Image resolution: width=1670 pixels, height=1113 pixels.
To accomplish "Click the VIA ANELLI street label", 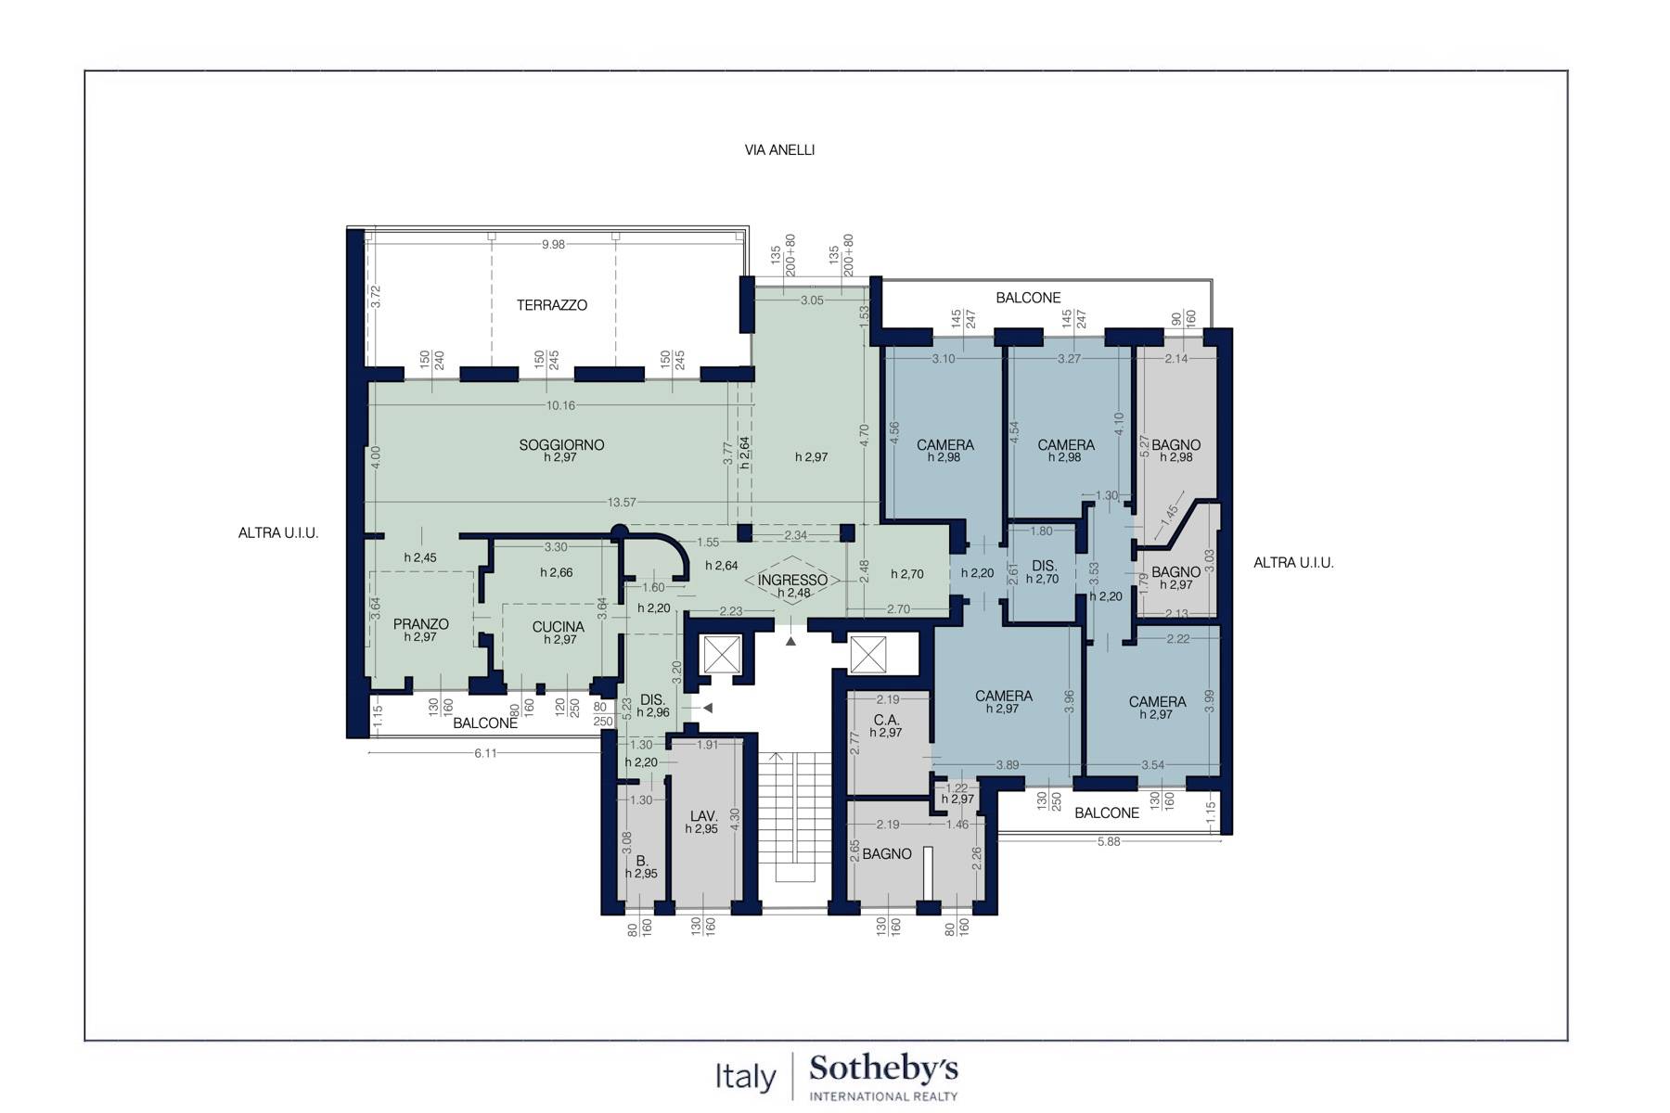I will (779, 149).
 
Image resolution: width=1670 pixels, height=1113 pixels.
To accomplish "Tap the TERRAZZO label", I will (552, 305).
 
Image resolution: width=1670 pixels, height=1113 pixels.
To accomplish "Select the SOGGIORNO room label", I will (561, 445).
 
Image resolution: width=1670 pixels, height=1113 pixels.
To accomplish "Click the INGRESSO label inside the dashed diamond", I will (792, 581).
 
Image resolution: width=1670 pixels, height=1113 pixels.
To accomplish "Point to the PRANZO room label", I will (421, 624).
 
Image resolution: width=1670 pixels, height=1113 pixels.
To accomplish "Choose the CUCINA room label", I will (559, 627).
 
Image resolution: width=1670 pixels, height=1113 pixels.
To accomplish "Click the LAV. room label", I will (701, 816).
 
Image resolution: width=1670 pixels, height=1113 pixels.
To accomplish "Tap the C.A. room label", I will (886, 720).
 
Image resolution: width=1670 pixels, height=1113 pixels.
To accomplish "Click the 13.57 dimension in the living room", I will (622, 503).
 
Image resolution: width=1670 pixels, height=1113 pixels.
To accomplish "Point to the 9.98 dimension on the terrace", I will (554, 245).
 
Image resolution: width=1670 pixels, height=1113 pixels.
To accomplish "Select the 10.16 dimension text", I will (560, 405).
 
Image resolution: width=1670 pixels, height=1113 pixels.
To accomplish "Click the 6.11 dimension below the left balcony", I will (485, 753).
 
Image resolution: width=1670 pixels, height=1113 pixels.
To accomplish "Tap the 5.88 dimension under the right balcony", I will (1109, 841).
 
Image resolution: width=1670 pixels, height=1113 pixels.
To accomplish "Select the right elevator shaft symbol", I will (867, 655).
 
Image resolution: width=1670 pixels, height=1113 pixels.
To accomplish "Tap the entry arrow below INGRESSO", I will (790, 641).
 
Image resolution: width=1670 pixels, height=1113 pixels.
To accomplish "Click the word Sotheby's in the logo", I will (883, 1069).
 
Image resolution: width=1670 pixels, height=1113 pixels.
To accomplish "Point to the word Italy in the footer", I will (745, 1077).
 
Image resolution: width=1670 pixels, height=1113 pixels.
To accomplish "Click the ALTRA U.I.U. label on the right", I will (1293, 563).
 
